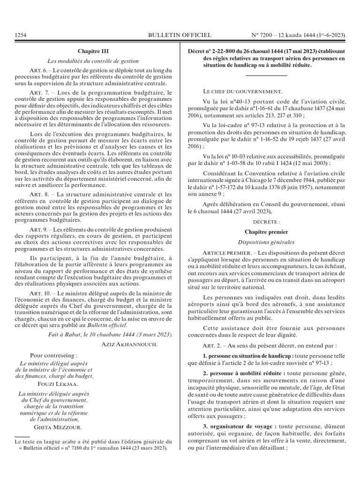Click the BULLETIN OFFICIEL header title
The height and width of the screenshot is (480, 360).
[x=180, y=35]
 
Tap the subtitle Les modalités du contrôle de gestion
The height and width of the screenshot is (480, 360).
[x=93, y=60]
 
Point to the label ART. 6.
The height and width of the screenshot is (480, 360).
[x=38, y=70]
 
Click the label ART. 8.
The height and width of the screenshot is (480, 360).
[x=38, y=194]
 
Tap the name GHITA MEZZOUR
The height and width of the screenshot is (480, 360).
[x=55, y=427]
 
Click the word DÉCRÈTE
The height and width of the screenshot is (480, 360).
[x=266, y=221]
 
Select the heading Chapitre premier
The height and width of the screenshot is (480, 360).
[x=266, y=232]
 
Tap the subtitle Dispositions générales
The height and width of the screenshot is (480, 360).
[x=266, y=242]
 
